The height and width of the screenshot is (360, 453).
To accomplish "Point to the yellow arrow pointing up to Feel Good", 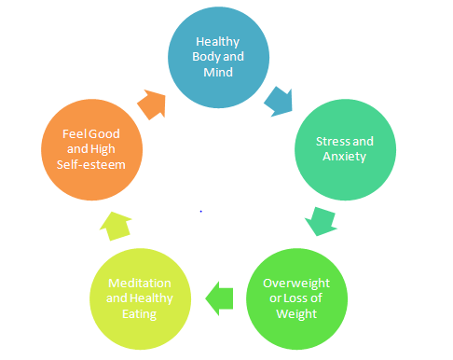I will [x=113, y=225].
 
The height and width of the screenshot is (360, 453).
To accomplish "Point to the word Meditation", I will [x=139, y=283].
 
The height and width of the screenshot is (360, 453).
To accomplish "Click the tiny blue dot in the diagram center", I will [x=201, y=212].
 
